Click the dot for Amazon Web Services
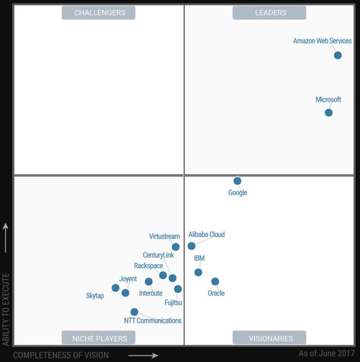[337, 55]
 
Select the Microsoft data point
[328, 113]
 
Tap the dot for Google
[237, 181]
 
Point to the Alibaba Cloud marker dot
[192, 246]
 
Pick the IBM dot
[198, 272]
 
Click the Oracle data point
[215, 281]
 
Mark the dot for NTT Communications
[134, 312]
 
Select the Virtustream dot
[176, 247]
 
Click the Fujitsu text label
[173, 303]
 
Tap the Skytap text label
[95, 296]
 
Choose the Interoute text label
[150, 293]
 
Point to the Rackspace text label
[148, 266]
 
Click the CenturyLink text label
[158, 255]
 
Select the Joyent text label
[128, 279]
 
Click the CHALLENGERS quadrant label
[99, 13]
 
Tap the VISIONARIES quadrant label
[269, 338]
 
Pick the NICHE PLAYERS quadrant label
[99, 338]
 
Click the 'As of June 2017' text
[326, 353]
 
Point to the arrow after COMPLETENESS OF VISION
[143, 355]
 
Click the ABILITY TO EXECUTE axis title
[6, 309]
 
